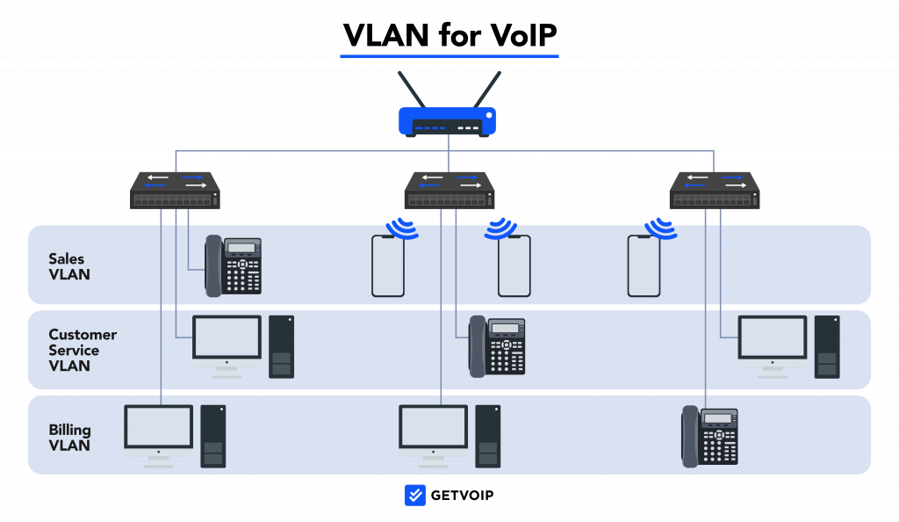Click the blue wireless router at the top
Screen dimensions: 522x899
[448, 121]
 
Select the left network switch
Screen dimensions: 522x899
[176, 190]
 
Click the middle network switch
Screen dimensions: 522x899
[449, 190]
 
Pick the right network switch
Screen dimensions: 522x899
[715, 190]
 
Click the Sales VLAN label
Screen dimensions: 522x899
[69, 266]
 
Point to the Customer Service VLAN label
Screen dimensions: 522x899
[82, 350]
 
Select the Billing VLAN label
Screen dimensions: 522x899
[69, 437]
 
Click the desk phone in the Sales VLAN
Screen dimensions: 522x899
[234, 265]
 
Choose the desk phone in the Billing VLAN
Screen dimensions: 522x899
[710, 436]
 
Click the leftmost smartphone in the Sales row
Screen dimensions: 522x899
[388, 265]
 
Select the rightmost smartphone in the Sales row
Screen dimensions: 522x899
[644, 265]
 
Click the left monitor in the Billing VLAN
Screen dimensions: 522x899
[159, 428]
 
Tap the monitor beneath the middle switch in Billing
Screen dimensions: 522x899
[433, 428]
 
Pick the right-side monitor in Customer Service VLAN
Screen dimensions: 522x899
[773, 339]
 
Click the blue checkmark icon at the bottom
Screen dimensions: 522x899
[415, 496]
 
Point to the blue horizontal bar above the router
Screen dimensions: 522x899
[449, 56]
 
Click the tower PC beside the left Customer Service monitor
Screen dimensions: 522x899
[281, 346]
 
